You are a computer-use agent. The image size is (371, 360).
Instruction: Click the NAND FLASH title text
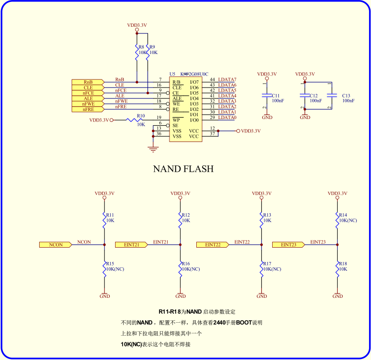tap(183, 169)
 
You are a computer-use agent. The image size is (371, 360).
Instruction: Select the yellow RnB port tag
tap(88, 82)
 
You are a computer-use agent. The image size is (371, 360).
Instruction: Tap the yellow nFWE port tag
tap(88, 104)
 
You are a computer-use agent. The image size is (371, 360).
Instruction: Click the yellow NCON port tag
tap(55, 245)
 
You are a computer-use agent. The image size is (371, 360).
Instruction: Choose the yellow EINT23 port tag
tap(288, 245)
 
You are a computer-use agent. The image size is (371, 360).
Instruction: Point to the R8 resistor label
tap(141, 47)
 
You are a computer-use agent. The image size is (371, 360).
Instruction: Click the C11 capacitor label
tap(276, 96)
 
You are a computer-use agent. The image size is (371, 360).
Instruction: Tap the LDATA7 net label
tap(227, 79)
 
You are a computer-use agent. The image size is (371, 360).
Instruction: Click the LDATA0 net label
tap(227, 118)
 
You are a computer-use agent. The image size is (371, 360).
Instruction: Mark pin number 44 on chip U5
tap(212, 79)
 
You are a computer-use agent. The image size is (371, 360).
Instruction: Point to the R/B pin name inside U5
tap(177, 82)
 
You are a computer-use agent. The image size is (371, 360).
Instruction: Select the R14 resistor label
tap(342, 215)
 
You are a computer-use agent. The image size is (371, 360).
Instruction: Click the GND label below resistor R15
tap(105, 296)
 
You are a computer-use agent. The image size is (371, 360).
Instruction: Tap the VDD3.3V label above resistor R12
tap(180, 194)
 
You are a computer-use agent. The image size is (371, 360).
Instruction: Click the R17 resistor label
tap(267, 264)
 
